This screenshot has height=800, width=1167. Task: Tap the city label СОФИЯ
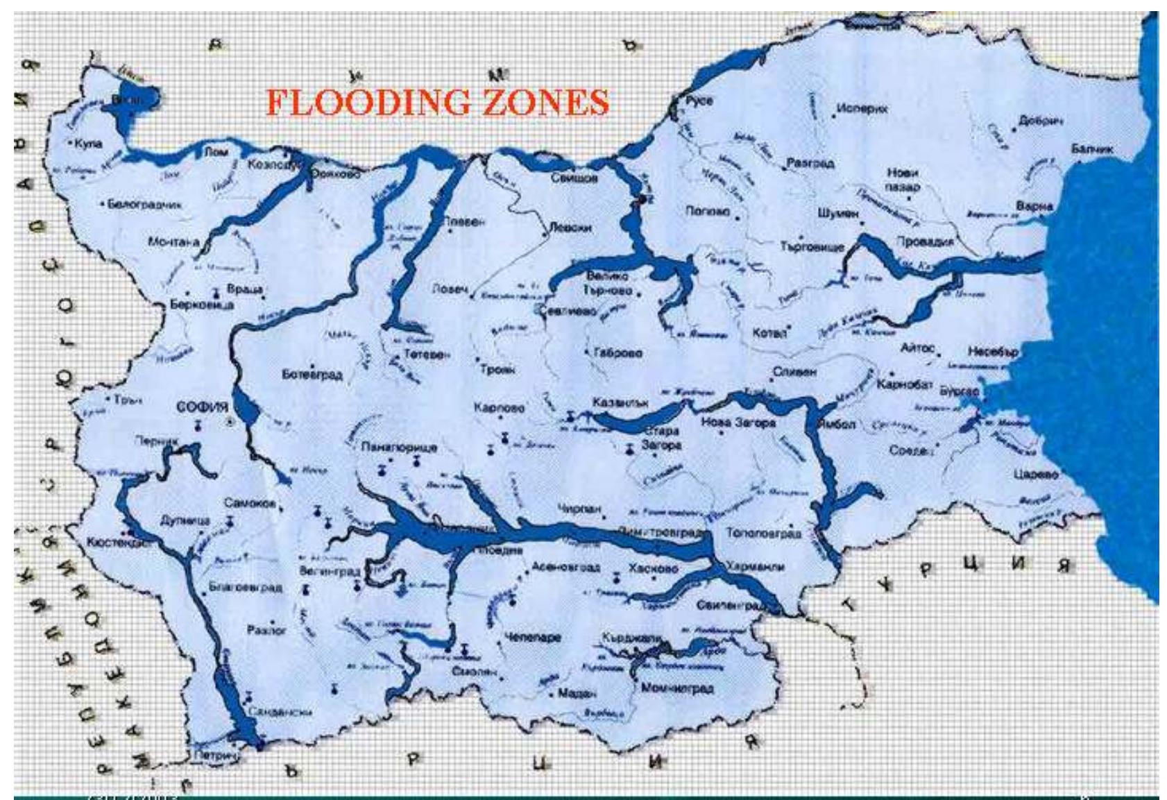click(x=202, y=407)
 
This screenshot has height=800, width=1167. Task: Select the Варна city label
click(x=1034, y=206)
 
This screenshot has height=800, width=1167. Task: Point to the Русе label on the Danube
click(x=699, y=101)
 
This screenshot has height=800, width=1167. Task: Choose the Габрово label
click(x=617, y=352)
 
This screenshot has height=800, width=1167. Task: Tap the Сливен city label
click(x=794, y=372)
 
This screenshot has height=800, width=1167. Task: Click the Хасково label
click(x=652, y=568)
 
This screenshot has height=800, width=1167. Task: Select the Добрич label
click(x=1041, y=121)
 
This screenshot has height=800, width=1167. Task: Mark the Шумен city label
click(x=837, y=214)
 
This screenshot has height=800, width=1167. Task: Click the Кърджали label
click(x=631, y=638)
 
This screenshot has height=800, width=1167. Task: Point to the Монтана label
click(x=173, y=242)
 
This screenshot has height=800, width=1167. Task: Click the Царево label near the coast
click(x=1036, y=475)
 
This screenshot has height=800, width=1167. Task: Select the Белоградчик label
click(x=144, y=205)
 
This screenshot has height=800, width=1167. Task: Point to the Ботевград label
click(x=312, y=375)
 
